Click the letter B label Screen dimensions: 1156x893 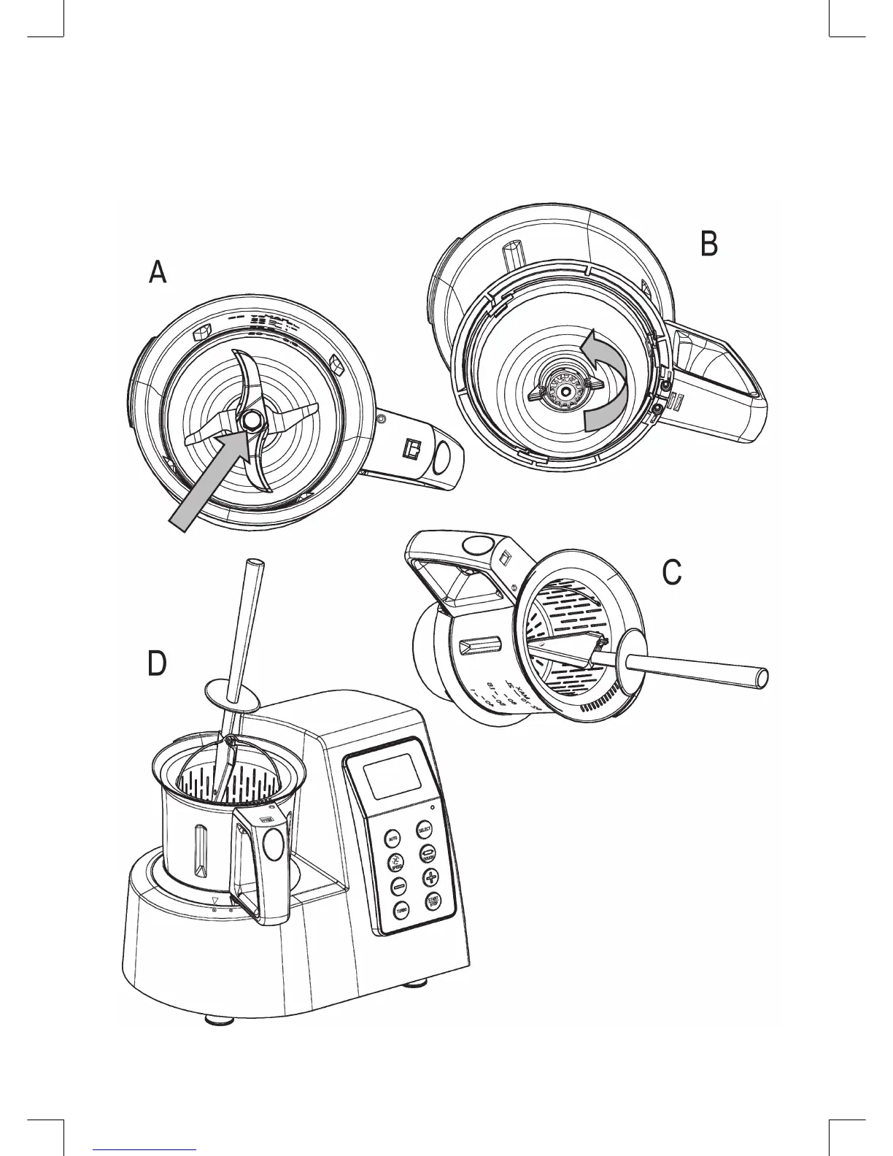pos(708,244)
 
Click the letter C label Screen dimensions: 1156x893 pos(671,573)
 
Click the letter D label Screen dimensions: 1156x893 pos(157,664)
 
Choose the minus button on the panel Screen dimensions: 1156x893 pos(398,887)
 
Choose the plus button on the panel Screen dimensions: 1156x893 pos(431,878)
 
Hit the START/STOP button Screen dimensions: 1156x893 pos(433,902)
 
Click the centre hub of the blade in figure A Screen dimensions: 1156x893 pos(252,421)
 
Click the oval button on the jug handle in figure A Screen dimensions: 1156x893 pos(441,458)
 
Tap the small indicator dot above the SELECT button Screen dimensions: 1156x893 pos(433,808)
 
